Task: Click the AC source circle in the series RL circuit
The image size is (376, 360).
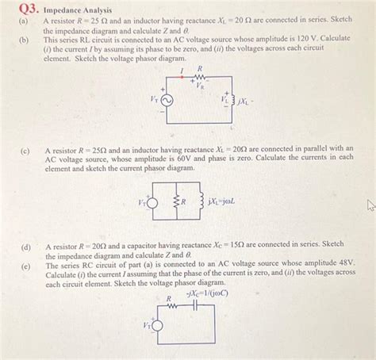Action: click(x=164, y=101)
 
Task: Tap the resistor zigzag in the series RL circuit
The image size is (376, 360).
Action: click(x=199, y=78)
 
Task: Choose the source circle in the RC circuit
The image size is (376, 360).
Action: click(x=157, y=326)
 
